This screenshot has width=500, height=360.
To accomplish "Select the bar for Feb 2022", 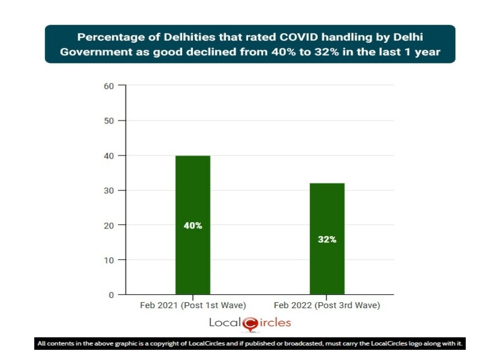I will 327,268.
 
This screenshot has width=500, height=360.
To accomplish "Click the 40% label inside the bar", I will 193,226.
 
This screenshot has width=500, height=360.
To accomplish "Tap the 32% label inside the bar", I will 327,240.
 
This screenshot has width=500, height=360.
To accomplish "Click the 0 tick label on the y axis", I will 111,295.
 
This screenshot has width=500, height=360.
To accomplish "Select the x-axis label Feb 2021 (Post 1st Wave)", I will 193,306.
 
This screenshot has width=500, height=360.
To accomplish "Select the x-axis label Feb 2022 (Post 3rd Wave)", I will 327,306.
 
